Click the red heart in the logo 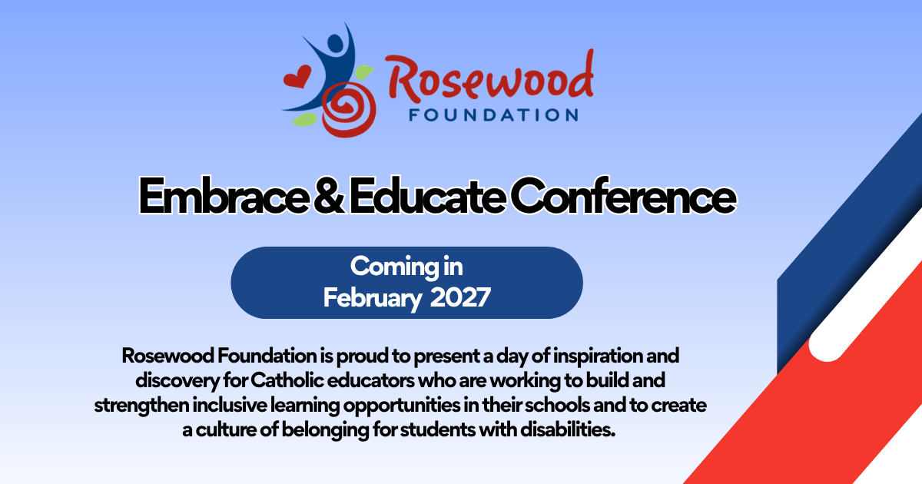point(297,77)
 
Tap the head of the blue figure point(335,43)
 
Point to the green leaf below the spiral point(304,119)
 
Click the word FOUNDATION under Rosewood point(493,115)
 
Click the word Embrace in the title point(224,196)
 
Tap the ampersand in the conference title point(329,196)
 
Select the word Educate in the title point(427,196)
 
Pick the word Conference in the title point(624,196)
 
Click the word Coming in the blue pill point(394,267)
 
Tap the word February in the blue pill point(371,298)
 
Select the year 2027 point(460,297)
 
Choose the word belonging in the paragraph point(325,430)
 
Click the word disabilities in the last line point(568,429)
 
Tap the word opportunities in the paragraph point(402,406)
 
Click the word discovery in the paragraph point(177,381)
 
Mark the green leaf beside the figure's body point(364,72)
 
